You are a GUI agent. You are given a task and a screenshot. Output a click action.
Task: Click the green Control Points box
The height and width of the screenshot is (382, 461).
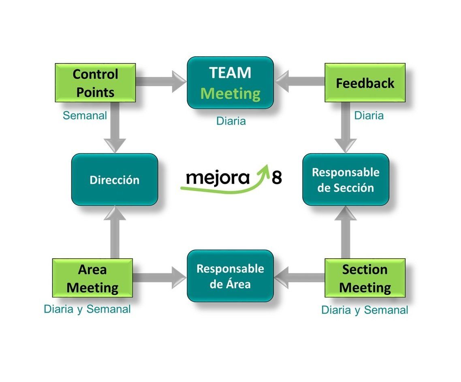[x=95, y=83]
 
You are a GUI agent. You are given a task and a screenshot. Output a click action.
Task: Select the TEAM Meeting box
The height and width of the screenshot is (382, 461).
[x=230, y=83]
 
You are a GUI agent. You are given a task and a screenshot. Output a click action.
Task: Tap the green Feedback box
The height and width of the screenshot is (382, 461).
[x=365, y=83]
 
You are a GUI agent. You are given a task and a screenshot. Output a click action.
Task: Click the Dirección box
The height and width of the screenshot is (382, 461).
[x=114, y=180]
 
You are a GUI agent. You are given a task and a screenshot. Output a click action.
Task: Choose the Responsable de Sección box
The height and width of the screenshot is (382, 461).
[x=346, y=180]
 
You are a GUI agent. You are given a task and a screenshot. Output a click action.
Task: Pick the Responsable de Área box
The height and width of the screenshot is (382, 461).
[x=230, y=276]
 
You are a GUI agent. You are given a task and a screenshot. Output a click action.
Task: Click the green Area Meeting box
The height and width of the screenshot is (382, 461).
[x=92, y=278]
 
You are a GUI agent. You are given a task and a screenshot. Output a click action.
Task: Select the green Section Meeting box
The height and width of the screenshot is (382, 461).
[x=365, y=278]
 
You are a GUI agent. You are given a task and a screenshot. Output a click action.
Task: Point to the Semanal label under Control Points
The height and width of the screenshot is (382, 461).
[x=85, y=116]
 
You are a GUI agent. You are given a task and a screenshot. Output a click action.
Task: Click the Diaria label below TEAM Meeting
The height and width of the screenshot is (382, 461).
[x=231, y=121]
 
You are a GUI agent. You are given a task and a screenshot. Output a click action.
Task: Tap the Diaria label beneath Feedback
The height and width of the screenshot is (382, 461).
[x=369, y=116]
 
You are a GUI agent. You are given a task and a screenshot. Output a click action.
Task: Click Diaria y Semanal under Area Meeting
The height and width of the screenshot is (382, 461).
[x=87, y=309]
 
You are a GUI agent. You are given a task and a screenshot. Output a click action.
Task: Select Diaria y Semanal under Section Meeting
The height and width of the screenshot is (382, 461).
[x=365, y=310]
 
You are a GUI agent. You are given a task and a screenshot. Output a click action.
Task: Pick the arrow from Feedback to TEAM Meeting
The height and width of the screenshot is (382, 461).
[x=300, y=82]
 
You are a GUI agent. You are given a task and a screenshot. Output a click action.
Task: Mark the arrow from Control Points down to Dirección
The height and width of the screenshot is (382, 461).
[x=115, y=128]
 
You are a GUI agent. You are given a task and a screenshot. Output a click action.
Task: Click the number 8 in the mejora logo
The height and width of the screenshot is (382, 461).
[x=277, y=177]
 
